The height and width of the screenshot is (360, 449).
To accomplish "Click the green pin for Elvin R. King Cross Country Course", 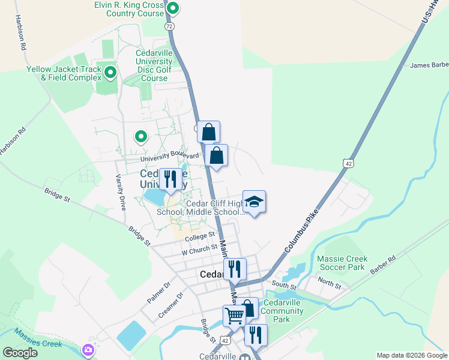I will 173,8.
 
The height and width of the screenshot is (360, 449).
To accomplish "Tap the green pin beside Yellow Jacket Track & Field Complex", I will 110,73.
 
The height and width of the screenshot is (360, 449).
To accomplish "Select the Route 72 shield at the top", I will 169,26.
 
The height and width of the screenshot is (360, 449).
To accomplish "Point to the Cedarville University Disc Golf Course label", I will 154,65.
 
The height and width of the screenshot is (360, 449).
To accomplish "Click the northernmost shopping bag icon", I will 208,131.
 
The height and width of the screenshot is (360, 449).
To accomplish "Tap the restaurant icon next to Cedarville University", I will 171,179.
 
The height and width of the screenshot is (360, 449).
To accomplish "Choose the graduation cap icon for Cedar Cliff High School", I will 254,202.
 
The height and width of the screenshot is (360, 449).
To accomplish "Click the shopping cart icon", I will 234,315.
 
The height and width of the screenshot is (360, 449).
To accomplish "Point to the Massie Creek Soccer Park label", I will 340,262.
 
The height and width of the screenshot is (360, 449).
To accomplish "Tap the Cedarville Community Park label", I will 283,311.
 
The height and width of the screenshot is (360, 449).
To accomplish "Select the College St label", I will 200,237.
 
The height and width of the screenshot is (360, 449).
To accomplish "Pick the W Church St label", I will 199,248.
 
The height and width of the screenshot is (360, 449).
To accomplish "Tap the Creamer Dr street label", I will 172,304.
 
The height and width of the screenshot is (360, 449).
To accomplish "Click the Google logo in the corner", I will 20,353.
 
